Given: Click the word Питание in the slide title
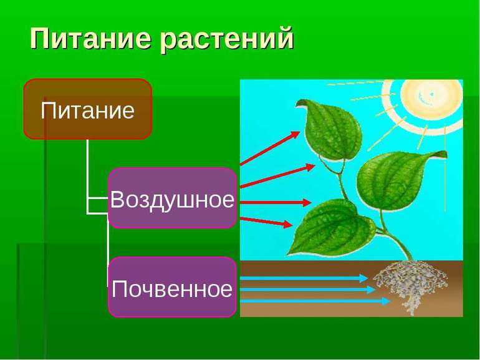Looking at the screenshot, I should [x=90, y=39].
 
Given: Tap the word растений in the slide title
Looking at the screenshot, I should [x=227, y=39].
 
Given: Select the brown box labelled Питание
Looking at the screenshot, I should [x=87, y=109].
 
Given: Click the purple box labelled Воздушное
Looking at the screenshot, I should [x=172, y=198].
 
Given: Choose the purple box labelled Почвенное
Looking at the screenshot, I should [x=172, y=288].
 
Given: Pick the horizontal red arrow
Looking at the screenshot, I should [x=274, y=202].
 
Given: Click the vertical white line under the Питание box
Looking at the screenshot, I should [x=87, y=175].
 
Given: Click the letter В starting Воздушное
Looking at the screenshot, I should [x=118, y=200].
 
